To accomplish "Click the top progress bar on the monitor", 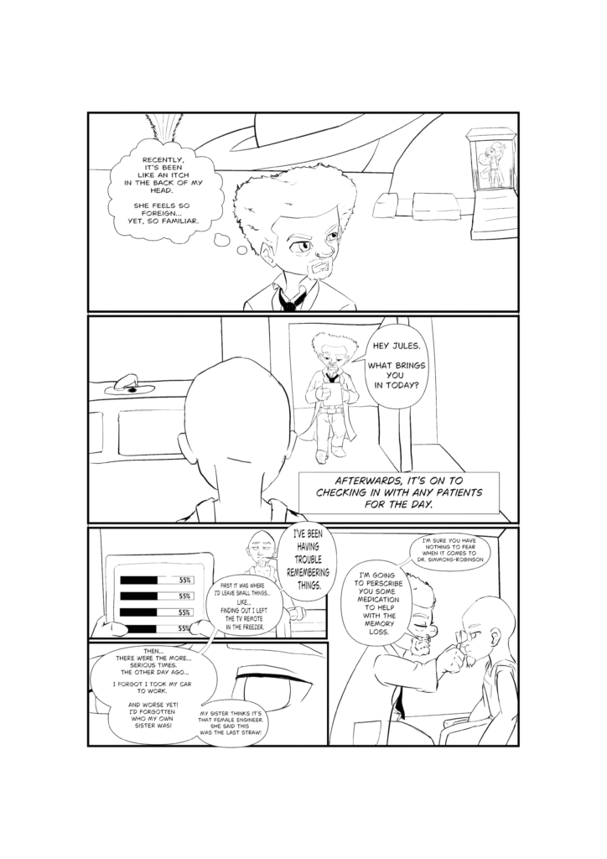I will [156, 580].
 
